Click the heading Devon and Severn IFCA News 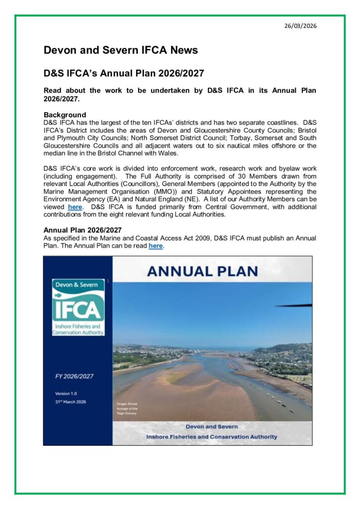pos(121,50)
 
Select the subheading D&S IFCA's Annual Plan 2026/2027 pos(124,73)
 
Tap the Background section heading pos(65,115)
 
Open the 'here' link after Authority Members pos(75,206)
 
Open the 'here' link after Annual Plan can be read pos(156,246)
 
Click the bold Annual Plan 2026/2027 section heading pos(83,230)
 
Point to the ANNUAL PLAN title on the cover pos(209,271)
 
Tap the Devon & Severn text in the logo pos(78,285)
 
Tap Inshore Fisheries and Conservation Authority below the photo pos(211,436)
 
